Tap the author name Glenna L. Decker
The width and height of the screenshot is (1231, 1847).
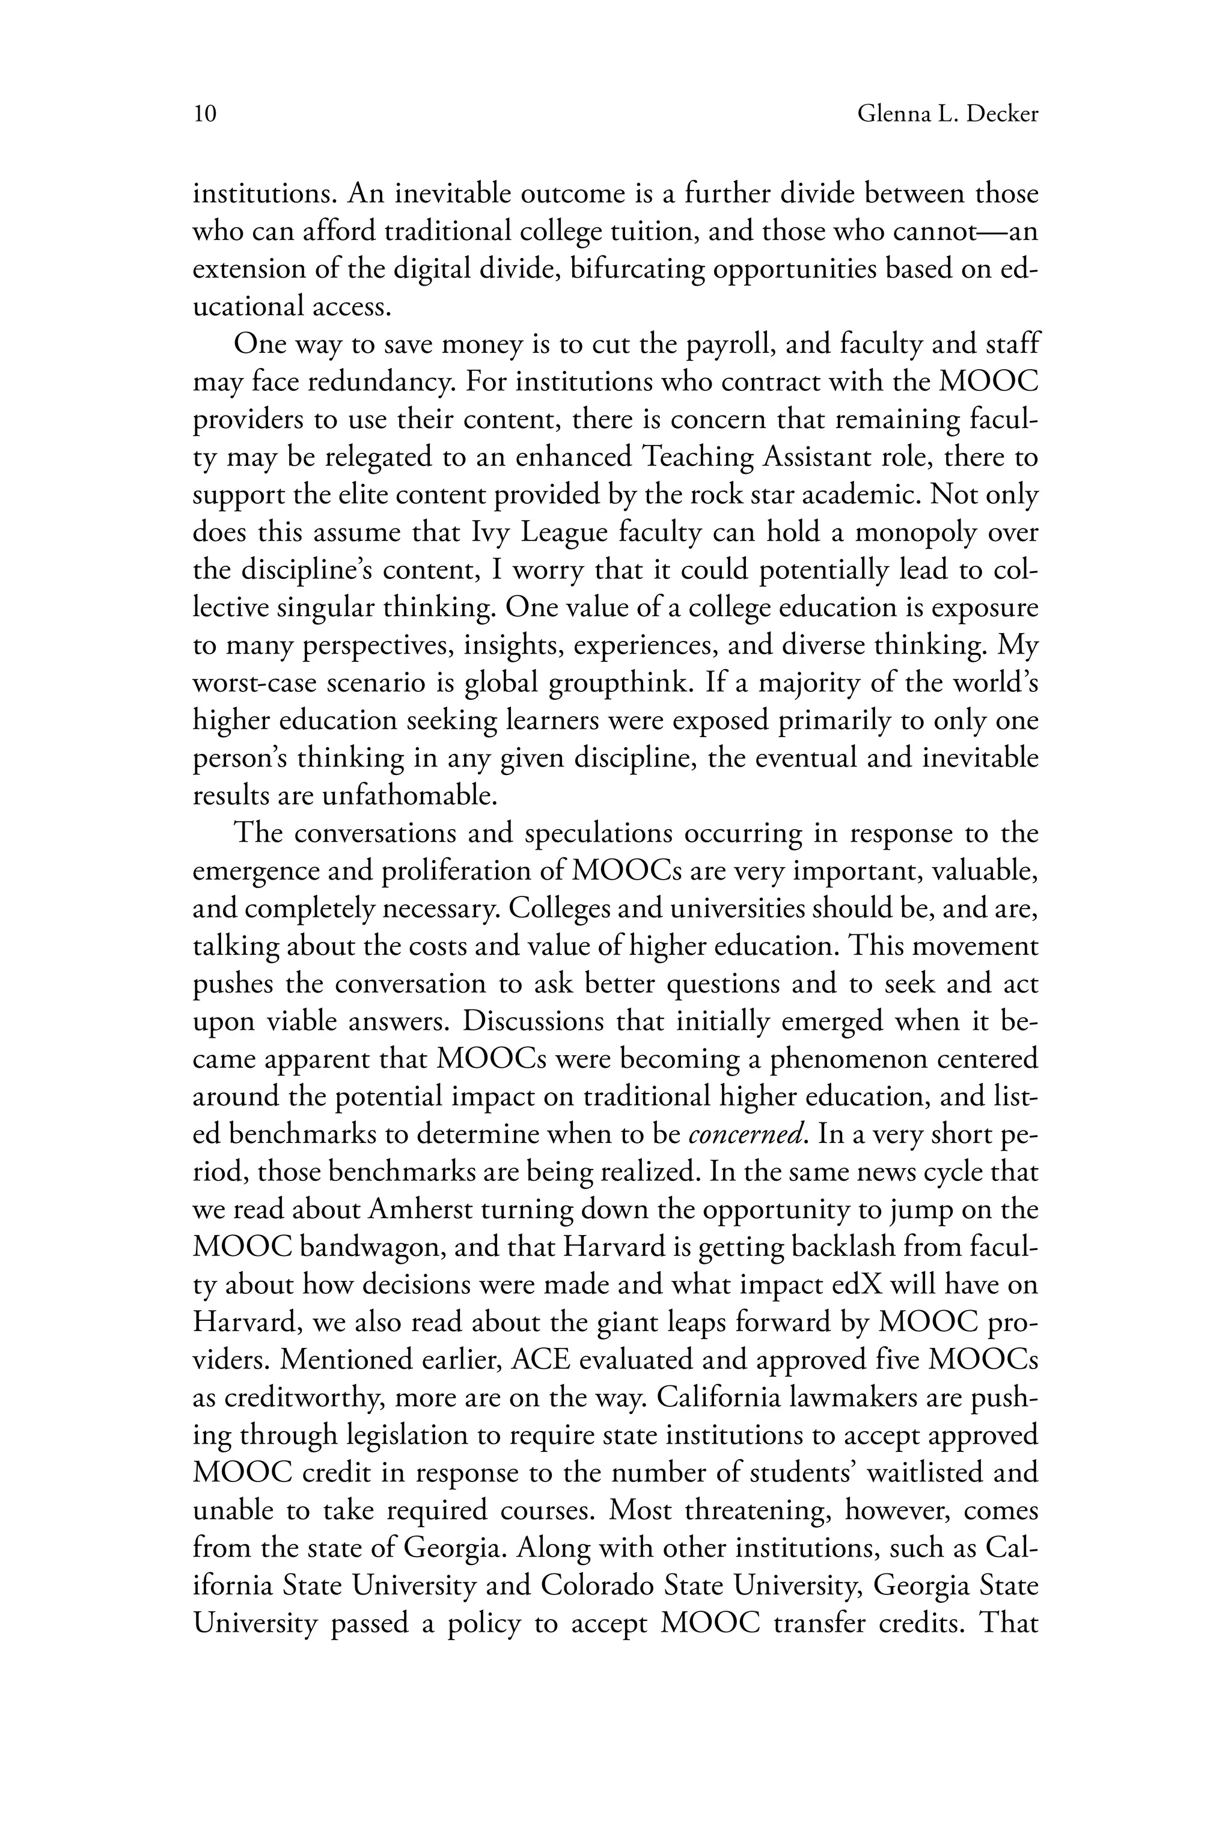click(x=947, y=115)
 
